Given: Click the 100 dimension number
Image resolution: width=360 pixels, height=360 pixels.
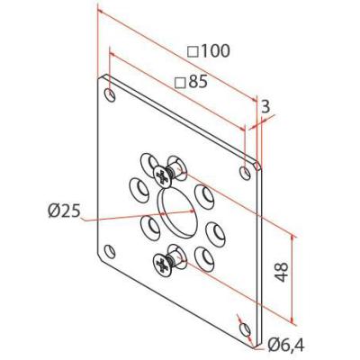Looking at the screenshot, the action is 215,51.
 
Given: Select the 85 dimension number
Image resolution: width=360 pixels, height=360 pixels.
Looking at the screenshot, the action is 198,82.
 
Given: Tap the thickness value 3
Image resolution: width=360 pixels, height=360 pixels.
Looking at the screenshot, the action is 265,106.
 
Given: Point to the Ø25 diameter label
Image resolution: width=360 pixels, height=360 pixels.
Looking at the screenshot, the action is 64,211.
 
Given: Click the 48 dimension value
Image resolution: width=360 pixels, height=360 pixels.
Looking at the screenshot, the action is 282,272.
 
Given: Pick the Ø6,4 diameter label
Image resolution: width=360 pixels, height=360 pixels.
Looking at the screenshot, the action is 286,346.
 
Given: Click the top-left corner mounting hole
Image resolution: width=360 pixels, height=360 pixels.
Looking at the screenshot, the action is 110,94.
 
